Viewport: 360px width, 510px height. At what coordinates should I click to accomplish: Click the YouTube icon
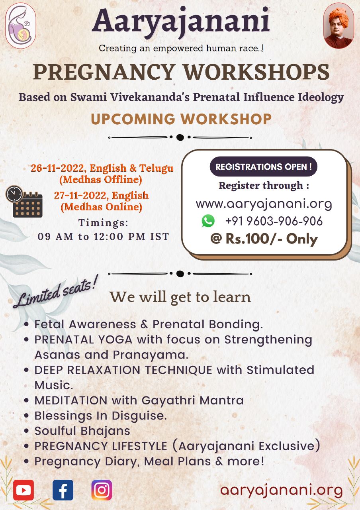click(x=23, y=490)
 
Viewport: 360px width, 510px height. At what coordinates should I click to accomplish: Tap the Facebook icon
click(x=63, y=490)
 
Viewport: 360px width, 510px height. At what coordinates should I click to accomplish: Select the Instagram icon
click(x=102, y=490)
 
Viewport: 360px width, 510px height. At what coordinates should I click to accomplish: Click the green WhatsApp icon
click(x=208, y=221)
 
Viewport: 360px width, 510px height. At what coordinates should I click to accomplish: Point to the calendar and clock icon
click(x=24, y=202)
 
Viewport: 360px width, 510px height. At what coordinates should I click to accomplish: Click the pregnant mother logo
click(x=20, y=25)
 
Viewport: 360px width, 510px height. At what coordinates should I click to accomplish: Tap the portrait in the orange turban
click(x=338, y=25)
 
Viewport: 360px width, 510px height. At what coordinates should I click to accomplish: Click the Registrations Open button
click(x=263, y=167)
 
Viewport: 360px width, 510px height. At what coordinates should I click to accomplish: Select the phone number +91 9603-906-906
click(x=274, y=221)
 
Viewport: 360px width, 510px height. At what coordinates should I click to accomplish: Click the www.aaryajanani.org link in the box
click(x=264, y=204)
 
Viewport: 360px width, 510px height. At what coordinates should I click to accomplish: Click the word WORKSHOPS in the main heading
click(x=256, y=72)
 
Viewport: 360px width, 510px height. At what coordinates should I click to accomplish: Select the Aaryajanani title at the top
click(x=181, y=22)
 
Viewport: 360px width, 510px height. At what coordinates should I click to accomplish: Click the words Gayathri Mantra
click(x=192, y=401)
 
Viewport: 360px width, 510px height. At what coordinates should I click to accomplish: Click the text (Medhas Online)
click(x=102, y=207)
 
